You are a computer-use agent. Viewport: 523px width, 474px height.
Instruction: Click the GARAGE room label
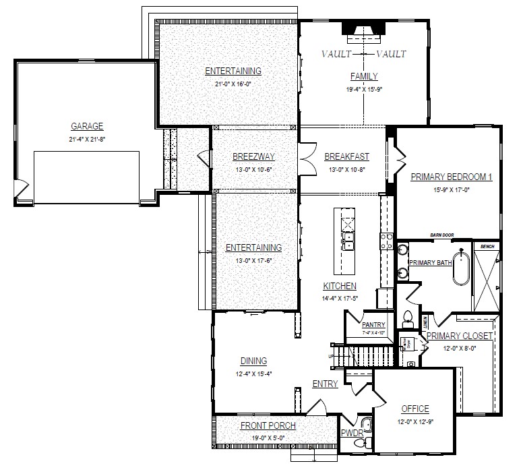coord(87,126)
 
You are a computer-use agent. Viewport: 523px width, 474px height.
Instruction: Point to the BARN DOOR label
coord(442,235)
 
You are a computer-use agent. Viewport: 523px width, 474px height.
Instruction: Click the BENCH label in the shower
coord(487,247)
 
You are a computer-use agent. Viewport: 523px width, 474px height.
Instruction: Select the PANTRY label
coord(373,324)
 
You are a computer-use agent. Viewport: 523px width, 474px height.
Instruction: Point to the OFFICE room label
coord(415,409)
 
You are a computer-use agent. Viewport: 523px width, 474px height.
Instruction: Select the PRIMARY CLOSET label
coord(461,336)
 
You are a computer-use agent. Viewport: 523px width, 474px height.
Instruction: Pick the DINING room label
coord(253,361)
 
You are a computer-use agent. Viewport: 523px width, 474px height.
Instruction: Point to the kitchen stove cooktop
coord(388,241)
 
